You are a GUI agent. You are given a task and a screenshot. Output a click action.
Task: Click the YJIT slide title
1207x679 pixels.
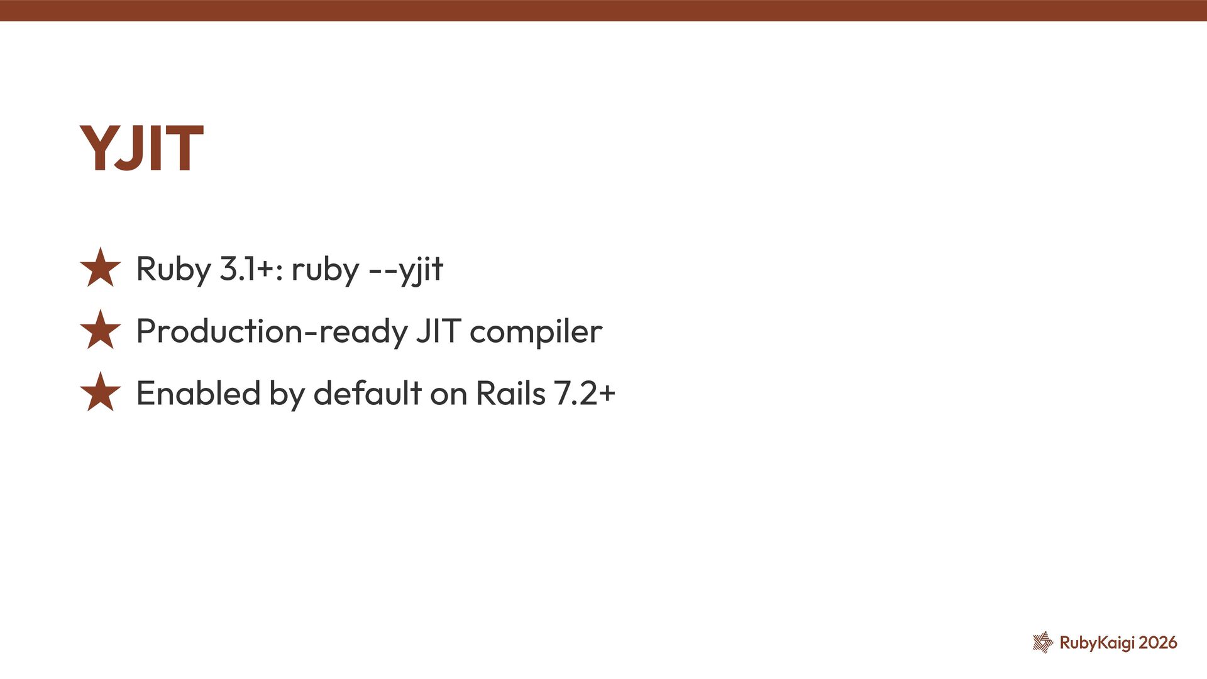tap(141, 148)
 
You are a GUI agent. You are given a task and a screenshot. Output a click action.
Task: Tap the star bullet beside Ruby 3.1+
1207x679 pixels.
tap(101, 268)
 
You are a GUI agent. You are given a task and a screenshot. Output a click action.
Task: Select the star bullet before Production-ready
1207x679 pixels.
tap(101, 331)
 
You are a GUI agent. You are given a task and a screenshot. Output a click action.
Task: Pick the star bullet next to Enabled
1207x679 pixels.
tap(101, 393)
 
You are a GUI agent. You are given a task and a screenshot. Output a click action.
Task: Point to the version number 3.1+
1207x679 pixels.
tap(246, 269)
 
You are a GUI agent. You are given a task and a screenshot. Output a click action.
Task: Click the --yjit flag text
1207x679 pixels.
tap(405, 269)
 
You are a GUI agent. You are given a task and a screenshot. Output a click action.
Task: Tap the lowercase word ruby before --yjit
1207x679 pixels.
tap(325, 269)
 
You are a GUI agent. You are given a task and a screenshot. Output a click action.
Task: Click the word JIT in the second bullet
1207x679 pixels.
tap(439, 331)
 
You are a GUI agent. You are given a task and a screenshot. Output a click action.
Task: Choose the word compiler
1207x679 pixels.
tap(536, 331)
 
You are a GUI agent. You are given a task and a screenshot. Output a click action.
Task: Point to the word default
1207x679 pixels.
tap(367, 394)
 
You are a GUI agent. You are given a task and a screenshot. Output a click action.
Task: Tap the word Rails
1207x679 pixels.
tap(510, 394)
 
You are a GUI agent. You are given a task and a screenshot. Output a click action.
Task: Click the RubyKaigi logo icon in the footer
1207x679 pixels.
tap(1043, 643)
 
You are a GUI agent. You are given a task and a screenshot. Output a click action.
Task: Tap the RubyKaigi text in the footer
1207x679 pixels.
tap(1097, 643)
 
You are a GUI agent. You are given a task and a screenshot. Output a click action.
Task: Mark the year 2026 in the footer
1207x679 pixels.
tap(1158, 643)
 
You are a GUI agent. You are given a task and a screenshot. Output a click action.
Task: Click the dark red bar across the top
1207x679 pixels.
tap(603, 10)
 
